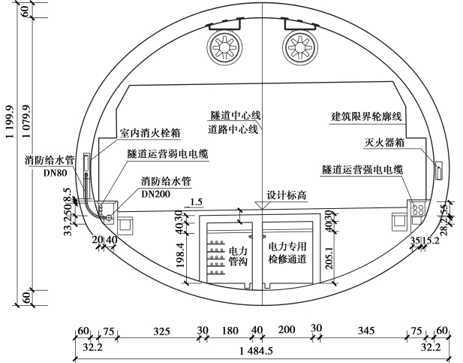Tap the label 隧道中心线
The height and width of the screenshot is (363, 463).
(235, 116)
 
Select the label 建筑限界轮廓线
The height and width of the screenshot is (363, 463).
(367, 117)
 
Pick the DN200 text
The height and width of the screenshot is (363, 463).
(155, 193)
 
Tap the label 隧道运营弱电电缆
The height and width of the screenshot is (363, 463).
(167, 153)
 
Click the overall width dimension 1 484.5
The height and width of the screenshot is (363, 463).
(256, 351)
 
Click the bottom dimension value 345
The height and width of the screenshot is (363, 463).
(366, 330)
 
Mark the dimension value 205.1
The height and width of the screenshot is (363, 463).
(323, 258)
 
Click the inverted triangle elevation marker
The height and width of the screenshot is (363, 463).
(260, 205)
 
